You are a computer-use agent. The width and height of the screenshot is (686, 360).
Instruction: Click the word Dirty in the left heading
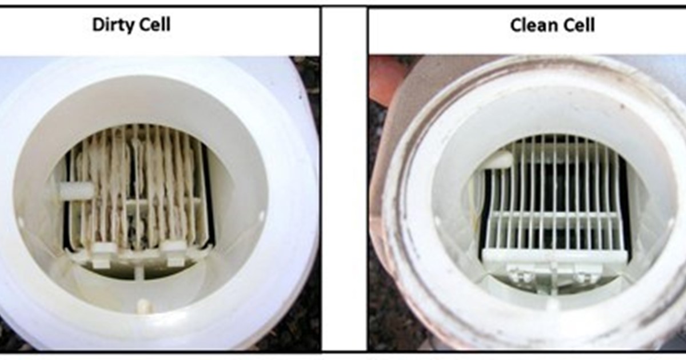tap(111, 25)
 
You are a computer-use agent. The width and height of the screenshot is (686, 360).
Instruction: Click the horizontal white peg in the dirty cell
tap(76, 190)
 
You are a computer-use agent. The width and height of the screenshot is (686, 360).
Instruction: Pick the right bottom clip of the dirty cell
tap(173, 253)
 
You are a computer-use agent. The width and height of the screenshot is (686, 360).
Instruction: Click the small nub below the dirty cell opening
tap(143, 306)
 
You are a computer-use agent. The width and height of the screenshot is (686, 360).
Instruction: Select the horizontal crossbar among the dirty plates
tap(162, 202)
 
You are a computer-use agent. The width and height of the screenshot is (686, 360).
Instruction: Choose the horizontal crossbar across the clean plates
tap(555, 215)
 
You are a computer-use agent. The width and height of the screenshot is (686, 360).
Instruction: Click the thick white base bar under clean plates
tap(554, 256)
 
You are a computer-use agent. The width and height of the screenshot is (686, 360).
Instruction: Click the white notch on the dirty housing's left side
tap(21, 221)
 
